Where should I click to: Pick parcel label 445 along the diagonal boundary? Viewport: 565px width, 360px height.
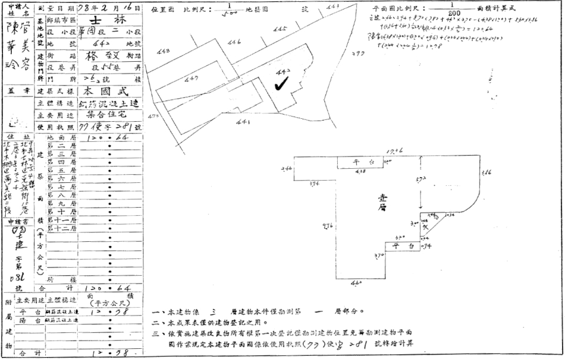point(280,29)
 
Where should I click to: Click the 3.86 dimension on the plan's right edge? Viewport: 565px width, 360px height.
point(486,172)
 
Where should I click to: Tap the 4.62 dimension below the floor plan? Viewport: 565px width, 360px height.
point(355,283)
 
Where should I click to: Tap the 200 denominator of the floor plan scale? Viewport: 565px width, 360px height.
point(450,15)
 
